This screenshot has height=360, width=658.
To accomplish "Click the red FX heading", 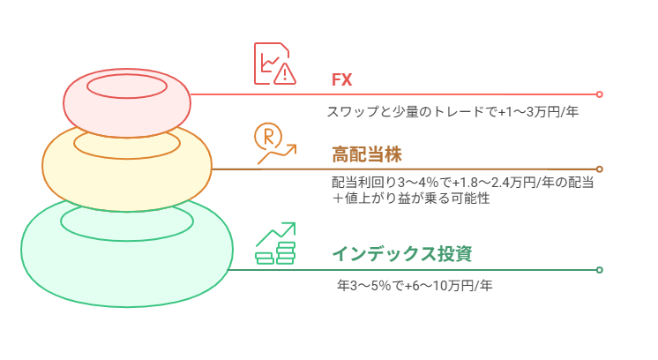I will pos(341,79).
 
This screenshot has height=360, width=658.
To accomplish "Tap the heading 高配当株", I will pos(367,154).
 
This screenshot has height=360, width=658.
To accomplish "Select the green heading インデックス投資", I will pos(401,254).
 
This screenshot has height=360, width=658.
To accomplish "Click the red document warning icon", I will pos(274,64).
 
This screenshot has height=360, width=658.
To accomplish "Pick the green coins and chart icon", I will pos(274,244).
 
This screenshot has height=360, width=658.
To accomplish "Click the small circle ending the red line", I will pos(599,94).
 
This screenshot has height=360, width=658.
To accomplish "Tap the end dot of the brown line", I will pos(599,169).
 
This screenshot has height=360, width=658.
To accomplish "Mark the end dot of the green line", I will pos(599,269).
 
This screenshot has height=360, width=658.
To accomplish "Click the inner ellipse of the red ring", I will pos(127,86).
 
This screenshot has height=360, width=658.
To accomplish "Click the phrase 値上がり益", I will pos(384,199).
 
